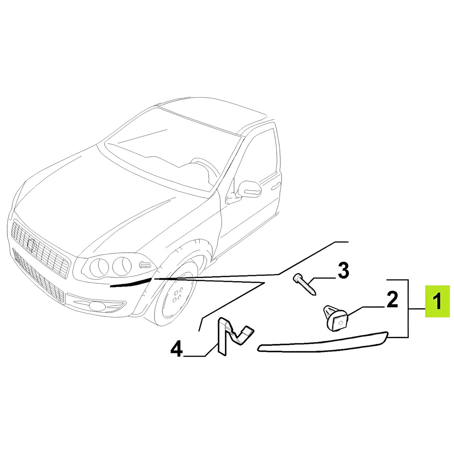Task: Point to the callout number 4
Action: click(x=177, y=348)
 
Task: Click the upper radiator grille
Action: click(x=40, y=248)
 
